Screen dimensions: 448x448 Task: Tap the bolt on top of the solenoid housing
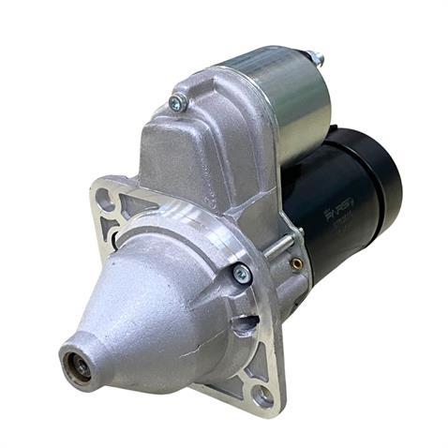click(x=176, y=102)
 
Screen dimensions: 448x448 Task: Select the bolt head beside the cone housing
click(x=242, y=274)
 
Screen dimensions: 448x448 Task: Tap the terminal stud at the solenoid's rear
click(x=316, y=58)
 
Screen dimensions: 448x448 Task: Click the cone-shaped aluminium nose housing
click(x=159, y=300)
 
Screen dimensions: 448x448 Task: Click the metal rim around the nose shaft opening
click(x=67, y=362)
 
